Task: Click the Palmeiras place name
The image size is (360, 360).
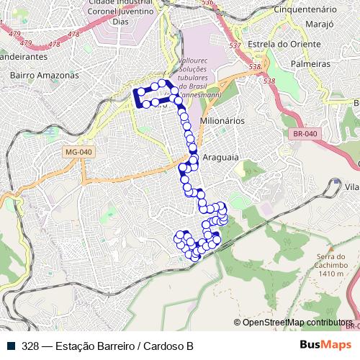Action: (x=310, y=64)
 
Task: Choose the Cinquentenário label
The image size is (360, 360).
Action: (x=306, y=10)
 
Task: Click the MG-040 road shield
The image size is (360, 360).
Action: (x=78, y=152)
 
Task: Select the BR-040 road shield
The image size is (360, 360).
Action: (x=305, y=133)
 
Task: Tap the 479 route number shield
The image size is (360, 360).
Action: (x=14, y=32)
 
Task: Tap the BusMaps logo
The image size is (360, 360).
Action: (x=325, y=345)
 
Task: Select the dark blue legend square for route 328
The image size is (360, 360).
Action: (x=12, y=346)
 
